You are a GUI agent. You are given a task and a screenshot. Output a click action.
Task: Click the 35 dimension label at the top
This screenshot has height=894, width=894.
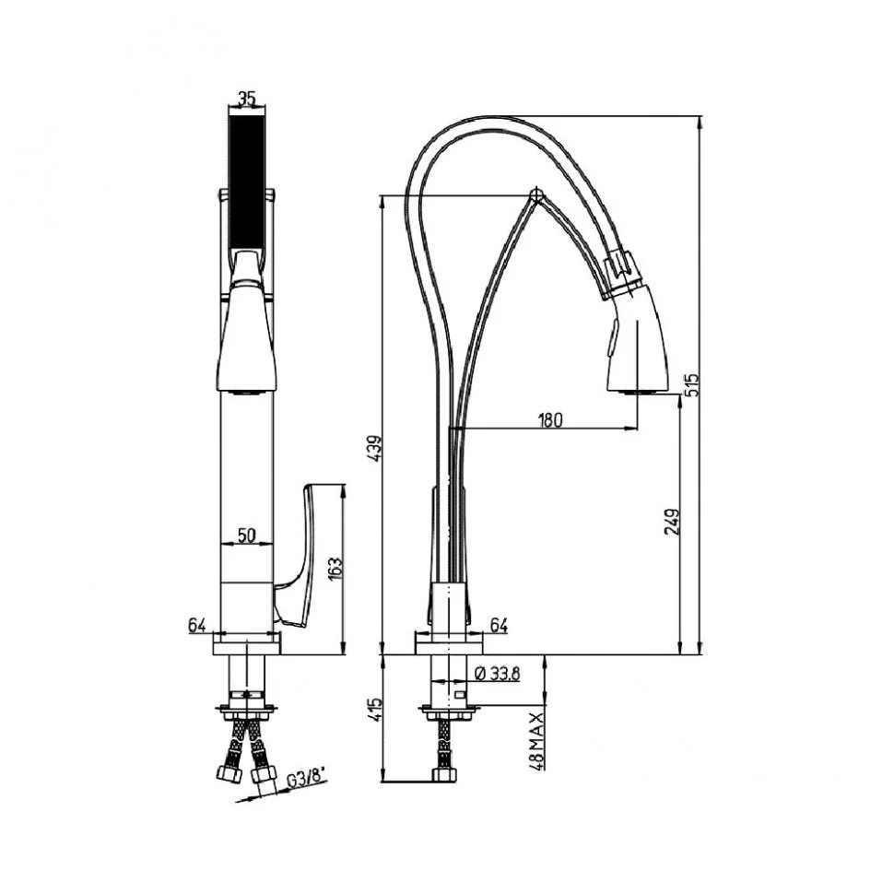tap(246, 99)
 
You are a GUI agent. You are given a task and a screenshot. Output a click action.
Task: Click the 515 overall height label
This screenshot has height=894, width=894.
tap(692, 385)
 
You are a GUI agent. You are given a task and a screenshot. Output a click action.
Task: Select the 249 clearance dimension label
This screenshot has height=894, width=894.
tap(671, 521)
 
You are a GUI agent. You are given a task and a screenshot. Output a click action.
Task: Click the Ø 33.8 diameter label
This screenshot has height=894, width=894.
tap(497, 674)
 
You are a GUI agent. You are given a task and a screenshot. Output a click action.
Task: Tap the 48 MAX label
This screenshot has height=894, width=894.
tap(536, 739)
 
